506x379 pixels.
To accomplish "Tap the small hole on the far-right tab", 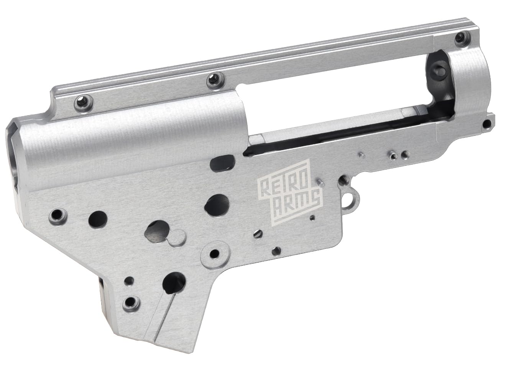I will tap(487, 123).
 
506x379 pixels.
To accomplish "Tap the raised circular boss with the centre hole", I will tap(216, 253).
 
